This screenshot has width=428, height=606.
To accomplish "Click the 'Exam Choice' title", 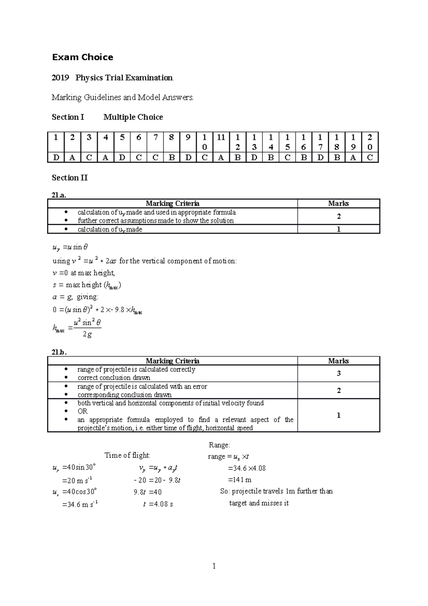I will [82, 57].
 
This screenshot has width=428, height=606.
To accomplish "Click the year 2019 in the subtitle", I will [60, 78].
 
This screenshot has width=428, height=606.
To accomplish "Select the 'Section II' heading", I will [70, 178].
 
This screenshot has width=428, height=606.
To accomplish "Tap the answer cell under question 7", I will [155, 158].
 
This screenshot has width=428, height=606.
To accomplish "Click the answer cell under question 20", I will [370, 158].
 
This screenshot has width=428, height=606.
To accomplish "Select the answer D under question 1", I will [56, 158].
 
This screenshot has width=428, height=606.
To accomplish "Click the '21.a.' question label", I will [59, 195].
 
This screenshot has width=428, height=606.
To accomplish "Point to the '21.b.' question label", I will [59, 352].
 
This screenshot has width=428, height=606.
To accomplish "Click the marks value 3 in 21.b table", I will [338, 373].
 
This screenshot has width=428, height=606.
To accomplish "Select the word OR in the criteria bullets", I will [82, 411].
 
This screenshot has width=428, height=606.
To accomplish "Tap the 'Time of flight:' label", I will [127, 455].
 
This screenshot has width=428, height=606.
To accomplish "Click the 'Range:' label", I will [219, 445].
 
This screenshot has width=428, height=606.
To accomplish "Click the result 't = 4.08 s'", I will [158, 504].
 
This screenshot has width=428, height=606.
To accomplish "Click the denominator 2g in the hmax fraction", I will [87, 334].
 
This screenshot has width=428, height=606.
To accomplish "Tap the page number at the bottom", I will [214, 566].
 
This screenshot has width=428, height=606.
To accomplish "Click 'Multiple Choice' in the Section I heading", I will [133, 117].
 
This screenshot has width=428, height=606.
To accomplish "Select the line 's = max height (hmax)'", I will [87, 285].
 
